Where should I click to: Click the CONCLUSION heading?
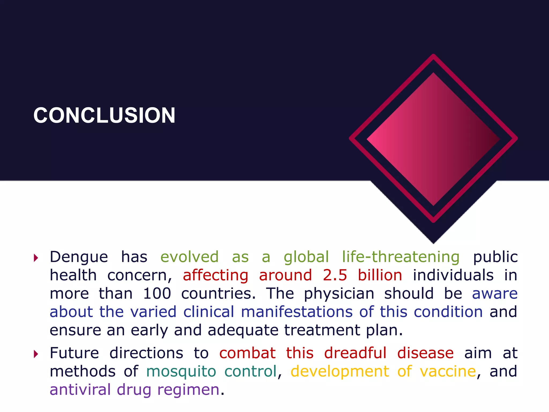(x=104, y=115)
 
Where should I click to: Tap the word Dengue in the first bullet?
(x=79, y=257)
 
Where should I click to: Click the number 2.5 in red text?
(x=335, y=275)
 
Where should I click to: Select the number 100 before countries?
(x=157, y=293)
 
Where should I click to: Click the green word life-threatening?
(x=401, y=257)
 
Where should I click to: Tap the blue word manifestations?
(x=297, y=312)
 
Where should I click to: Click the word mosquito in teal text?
(x=181, y=372)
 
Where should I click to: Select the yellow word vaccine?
(x=448, y=371)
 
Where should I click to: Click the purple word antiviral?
(x=80, y=389)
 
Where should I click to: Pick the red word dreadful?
(x=355, y=353)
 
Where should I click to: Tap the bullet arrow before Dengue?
(x=36, y=258)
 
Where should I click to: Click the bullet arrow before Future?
(x=36, y=354)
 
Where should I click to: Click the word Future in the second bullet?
(x=74, y=353)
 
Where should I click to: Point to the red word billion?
(x=380, y=275)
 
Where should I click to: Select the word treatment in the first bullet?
(x=322, y=330)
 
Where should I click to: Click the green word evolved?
(x=190, y=257)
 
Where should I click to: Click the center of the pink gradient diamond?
(x=433, y=139)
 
